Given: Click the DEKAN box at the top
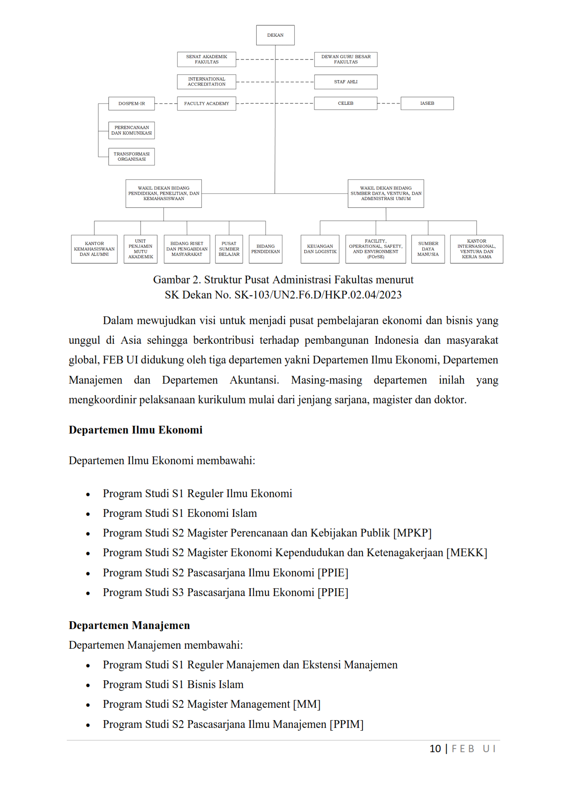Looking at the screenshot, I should [x=275, y=35].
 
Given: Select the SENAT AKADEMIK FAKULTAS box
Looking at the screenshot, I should [x=206, y=60].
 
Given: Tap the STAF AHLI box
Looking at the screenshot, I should [x=346, y=82].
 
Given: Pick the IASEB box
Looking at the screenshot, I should [x=427, y=103].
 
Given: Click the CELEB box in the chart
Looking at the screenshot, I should [x=346, y=103].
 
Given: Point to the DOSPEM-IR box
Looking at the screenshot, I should [x=131, y=103].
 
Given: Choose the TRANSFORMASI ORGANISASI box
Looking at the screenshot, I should [x=131, y=157].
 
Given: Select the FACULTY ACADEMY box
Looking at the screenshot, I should [x=206, y=103].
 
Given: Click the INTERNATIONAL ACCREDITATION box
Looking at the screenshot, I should [x=206, y=82].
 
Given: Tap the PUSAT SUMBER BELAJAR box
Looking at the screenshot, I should [x=229, y=249].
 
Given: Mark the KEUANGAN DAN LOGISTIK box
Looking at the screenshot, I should [x=320, y=249].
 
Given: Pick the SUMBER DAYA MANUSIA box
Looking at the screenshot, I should [x=428, y=249].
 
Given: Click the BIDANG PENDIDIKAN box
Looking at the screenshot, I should [x=265, y=249].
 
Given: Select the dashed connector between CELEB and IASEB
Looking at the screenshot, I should [x=389, y=103].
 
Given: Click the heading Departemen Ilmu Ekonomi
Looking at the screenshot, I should [x=135, y=430].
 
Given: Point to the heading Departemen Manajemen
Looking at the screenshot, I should [x=129, y=625].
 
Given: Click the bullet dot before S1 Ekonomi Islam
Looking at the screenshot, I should [x=88, y=514].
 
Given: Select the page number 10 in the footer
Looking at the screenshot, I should [x=435, y=749].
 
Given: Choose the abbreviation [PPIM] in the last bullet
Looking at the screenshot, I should [x=346, y=724].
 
